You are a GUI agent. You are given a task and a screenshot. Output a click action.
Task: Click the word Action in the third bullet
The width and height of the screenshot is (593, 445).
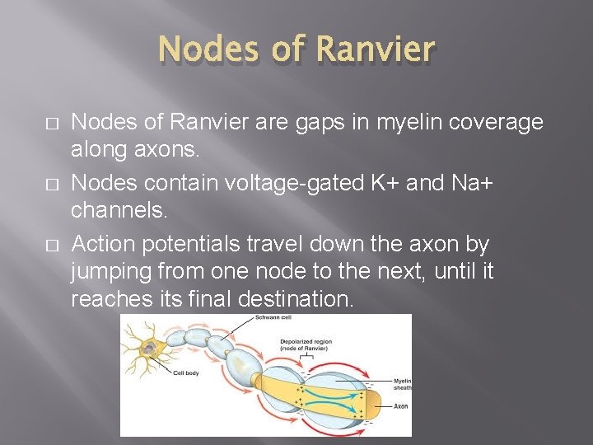100,244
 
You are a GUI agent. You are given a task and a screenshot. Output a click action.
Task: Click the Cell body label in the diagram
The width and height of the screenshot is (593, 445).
186,372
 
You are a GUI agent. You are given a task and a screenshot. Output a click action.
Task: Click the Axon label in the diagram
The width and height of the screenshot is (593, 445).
400,406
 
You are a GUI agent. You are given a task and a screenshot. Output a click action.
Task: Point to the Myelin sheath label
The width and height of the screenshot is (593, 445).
402,383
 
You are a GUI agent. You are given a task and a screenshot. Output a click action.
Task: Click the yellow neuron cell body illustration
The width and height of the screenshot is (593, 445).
147,347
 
